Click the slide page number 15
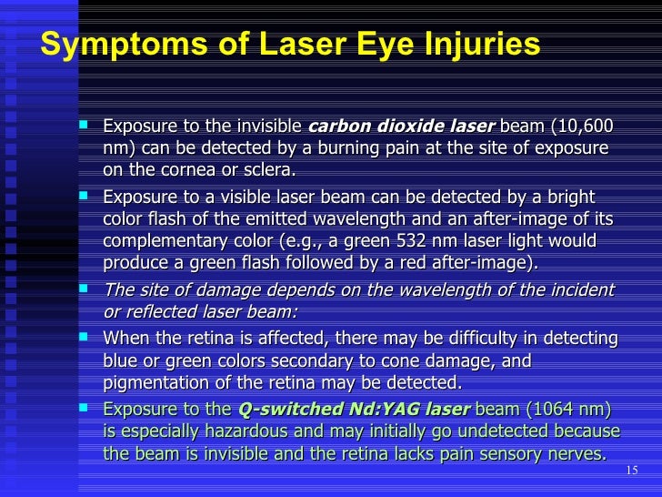(x=633, y=470)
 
